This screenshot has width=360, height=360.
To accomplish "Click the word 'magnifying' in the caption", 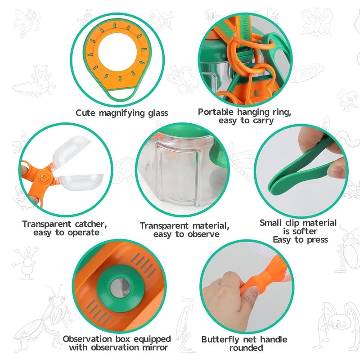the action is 122,113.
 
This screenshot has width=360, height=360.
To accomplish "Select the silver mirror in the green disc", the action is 120,288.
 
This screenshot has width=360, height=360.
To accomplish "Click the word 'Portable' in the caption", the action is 216,112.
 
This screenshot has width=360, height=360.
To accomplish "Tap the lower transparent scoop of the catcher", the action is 81,182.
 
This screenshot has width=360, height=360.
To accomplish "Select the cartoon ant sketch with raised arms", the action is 26,262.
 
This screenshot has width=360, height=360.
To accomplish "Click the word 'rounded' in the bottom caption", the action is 246,348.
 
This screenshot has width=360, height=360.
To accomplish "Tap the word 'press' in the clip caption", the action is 318,240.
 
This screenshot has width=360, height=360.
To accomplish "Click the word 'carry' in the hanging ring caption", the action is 263,121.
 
